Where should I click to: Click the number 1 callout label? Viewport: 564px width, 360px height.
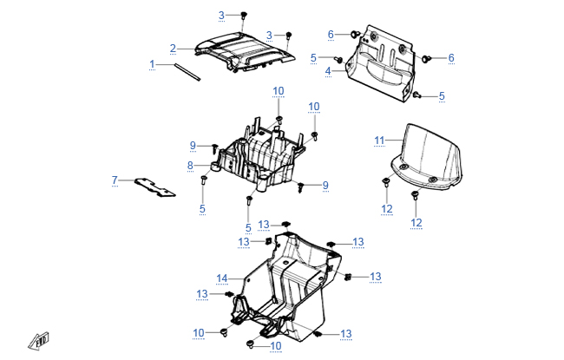(152, 64)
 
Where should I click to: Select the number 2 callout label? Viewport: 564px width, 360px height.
(173, 49)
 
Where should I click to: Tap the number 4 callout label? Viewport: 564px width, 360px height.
(329, 70)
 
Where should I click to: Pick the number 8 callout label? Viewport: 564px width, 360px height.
(190, 165)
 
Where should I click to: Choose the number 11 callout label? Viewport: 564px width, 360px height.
(378, 141)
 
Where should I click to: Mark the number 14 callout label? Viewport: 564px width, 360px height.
(221, 278)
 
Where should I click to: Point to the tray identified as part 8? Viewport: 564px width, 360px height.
(260, 156)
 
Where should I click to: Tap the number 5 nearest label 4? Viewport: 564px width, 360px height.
(313, 57)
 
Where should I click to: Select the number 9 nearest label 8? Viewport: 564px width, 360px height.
(193, 144)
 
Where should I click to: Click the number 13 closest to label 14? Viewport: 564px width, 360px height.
(202, 294)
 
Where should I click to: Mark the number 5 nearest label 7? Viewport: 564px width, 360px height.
(202, 209)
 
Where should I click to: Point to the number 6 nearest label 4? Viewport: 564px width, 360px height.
(331, 34)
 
